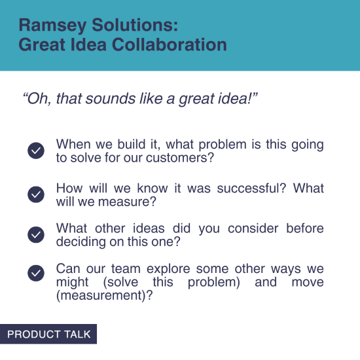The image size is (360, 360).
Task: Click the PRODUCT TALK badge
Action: coord(48,334)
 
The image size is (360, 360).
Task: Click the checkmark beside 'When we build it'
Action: coord(36,151)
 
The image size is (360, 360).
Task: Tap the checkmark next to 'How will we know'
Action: coord(36,194)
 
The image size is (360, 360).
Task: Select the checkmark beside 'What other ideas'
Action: coord(36,235)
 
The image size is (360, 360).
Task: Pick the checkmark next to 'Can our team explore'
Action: coord(36,274)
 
